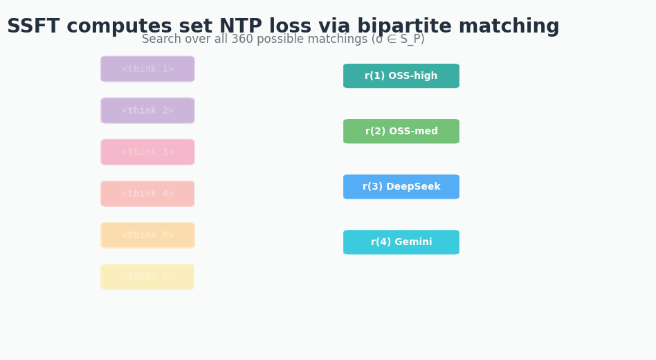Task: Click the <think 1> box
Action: tap(147, 69)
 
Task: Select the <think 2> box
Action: tap(147, 111)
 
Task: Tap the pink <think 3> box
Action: tap(147, 152)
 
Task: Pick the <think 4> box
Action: tap(147, 194)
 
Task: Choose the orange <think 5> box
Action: tap(147, 235)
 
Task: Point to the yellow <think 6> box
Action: tap(147, 277)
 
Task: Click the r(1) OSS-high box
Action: tap(401, 76)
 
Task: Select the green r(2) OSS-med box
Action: tap(401, 132)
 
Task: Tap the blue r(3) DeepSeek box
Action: tap(401, 187)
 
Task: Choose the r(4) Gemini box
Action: tap(401, 242)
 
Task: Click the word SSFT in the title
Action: tap(33, 27)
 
